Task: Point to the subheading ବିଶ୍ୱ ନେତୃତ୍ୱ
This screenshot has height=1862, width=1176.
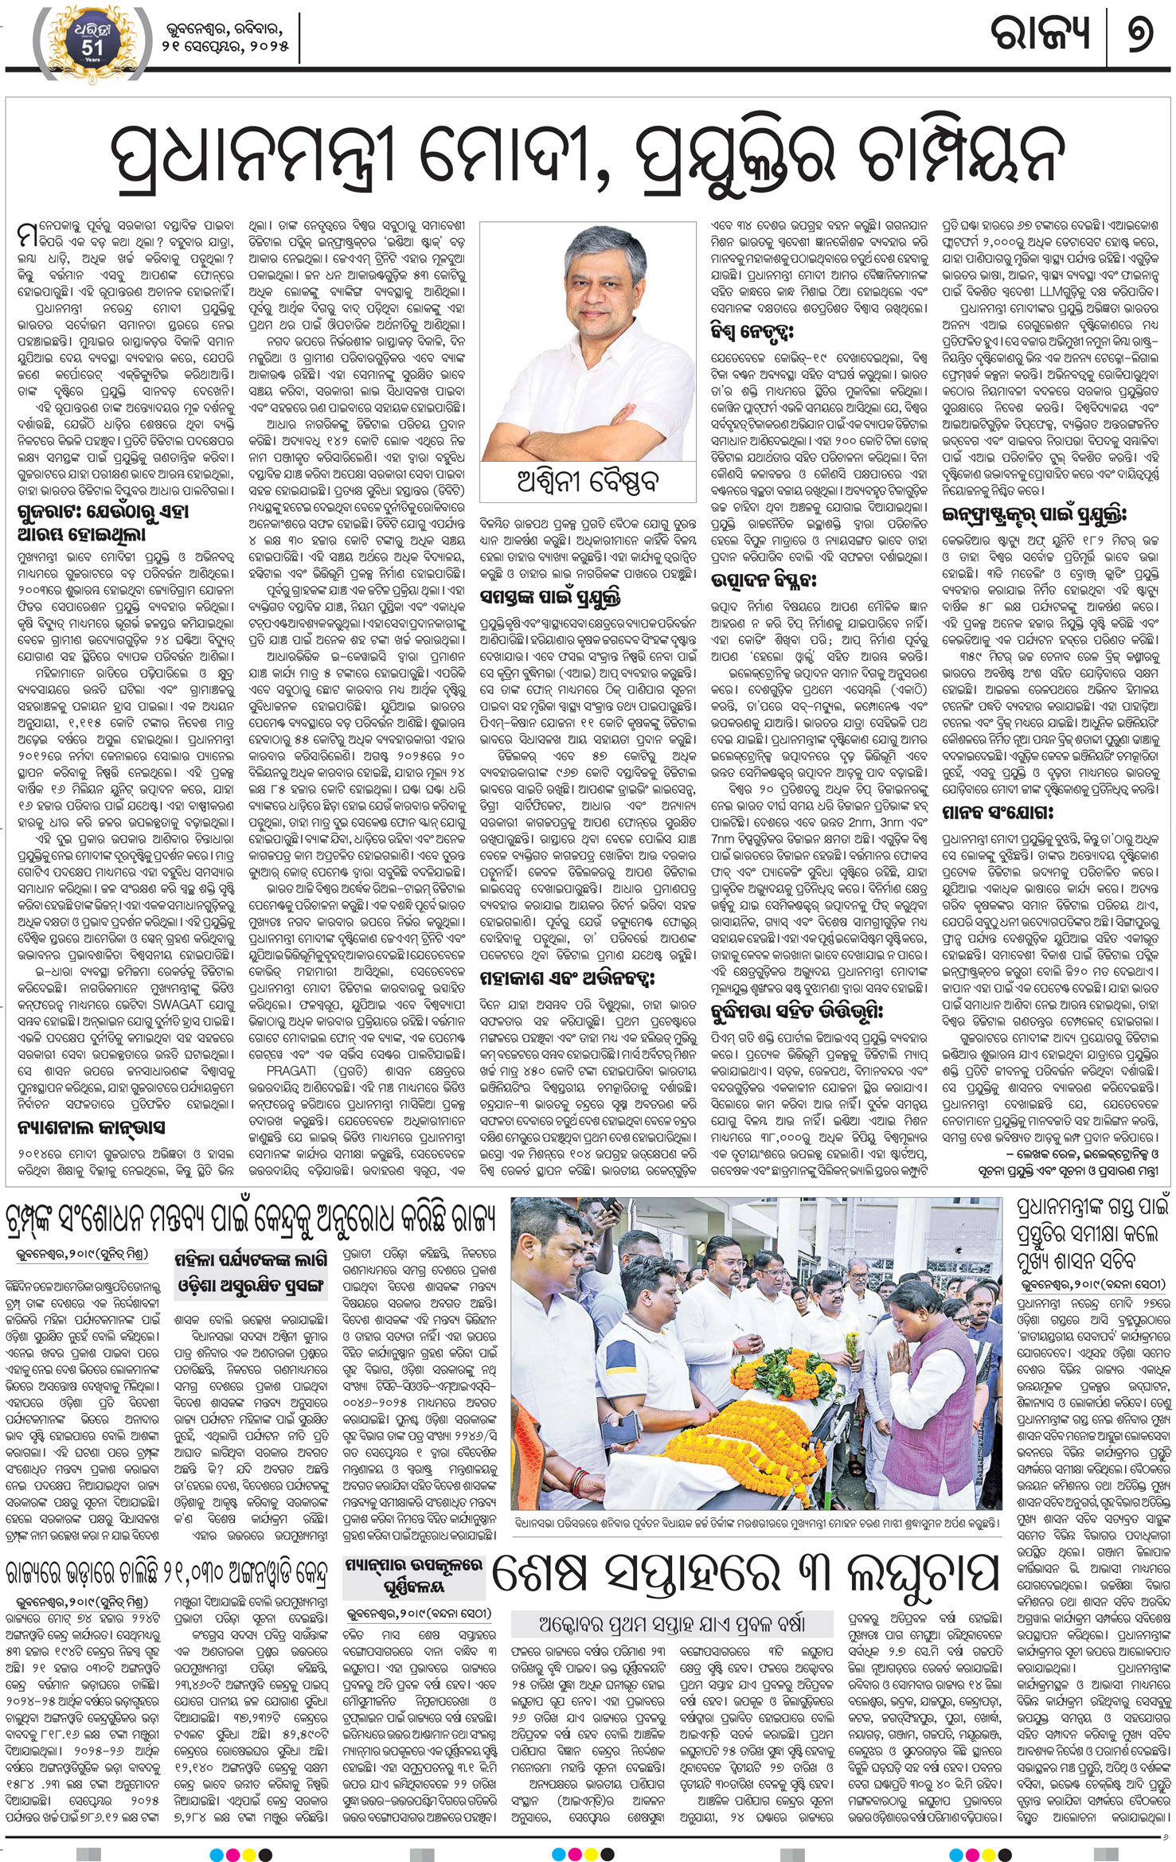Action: click(753, 330)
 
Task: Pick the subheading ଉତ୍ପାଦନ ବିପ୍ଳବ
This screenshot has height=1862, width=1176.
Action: click(764, 578)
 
